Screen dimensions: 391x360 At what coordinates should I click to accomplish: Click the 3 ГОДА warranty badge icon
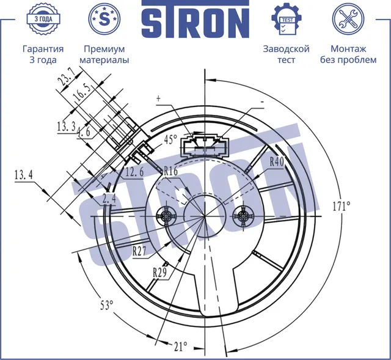(43, 19)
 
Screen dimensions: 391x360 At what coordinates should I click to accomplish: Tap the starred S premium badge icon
(104, 19)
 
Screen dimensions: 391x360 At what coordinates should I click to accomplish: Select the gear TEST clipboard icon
(287, 19)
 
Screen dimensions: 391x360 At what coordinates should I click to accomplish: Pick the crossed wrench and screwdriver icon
(348, 19)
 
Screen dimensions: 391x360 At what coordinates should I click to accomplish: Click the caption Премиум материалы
(104, 54)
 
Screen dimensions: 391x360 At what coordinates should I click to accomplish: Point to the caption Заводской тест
(287, 54)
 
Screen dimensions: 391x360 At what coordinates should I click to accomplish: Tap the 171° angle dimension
(342, 206)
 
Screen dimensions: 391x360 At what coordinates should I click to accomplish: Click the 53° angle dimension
(107, 304)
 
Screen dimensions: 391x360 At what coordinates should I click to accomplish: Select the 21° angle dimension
(181, 347)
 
